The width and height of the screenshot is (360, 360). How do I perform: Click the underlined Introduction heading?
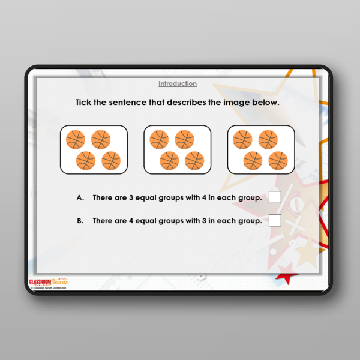click(x=178, y=83)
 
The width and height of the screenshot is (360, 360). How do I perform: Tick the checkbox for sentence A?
click(x=275, y=197)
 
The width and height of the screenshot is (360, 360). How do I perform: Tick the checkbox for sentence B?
click(x=275, y=220)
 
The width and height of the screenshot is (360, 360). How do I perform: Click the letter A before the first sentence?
click(x=79, y=197)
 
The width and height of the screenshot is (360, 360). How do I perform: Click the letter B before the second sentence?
click(x=79, y=221)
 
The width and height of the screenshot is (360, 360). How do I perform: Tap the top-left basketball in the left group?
click(x=76, y=140)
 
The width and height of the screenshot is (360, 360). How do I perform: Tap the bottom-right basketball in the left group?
click(x=111, y=160)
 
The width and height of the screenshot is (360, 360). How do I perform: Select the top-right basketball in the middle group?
click(x=184, y=140)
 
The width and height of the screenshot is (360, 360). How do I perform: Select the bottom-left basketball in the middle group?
click(x=169, y=160)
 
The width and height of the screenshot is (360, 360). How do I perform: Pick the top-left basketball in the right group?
click(x=242, y=140)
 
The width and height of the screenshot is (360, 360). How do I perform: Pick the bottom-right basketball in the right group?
click(x=278, y=160)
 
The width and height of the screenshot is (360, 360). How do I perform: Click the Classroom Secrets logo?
click(x=49, y=281)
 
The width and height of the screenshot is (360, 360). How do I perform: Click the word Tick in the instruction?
click(x=85, y=102)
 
